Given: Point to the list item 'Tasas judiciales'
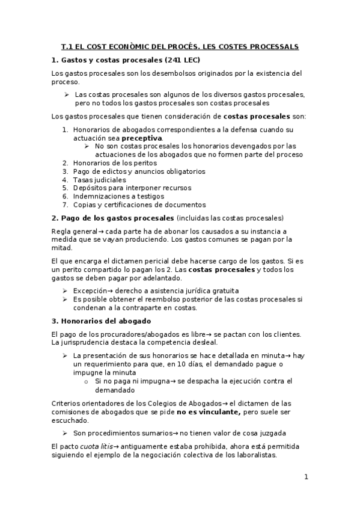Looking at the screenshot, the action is pyautogui.click(x=99, y=179).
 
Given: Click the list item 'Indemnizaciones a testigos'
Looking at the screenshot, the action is pyautogui.click(x=119, y=196).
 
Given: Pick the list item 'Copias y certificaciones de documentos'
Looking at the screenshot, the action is pyautogui.click(x=139, y=204).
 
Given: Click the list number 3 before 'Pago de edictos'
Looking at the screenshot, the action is pyautogui.click(x=65, y=171).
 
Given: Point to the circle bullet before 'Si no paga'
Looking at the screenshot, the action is pyautogui.click(x=87, y=381).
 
